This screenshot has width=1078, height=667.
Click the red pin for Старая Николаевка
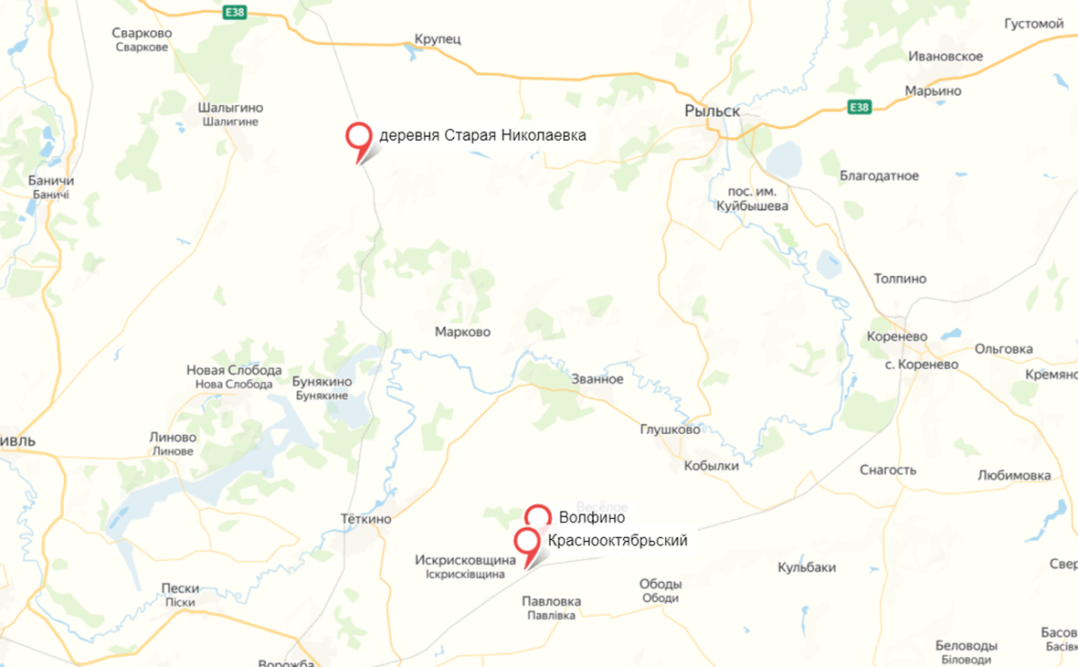tap(358, 136)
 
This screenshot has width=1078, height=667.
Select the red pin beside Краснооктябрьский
tap(527, 540)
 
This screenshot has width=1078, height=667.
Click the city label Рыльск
tap(712, 111)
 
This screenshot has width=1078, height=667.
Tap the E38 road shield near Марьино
tap(859, 107)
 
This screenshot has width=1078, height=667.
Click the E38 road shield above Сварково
tap(234, 13)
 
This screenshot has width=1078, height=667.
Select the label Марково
tap(462, 332)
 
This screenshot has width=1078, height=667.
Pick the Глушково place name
tap(671, 429)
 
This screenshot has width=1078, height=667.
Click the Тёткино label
tap(365, 519)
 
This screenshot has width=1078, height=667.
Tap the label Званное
tap(597, 379)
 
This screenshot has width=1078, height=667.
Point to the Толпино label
tap(900, 279)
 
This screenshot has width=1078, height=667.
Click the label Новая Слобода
tap(234, 370)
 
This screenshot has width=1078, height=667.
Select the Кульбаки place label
tap(807, 567)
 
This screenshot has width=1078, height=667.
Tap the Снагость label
tap(888, 470)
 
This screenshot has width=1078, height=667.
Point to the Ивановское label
tap(946, 57)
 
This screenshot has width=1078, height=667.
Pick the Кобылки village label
tap(711, 465)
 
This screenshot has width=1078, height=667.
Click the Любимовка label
tap(1014, 475)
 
